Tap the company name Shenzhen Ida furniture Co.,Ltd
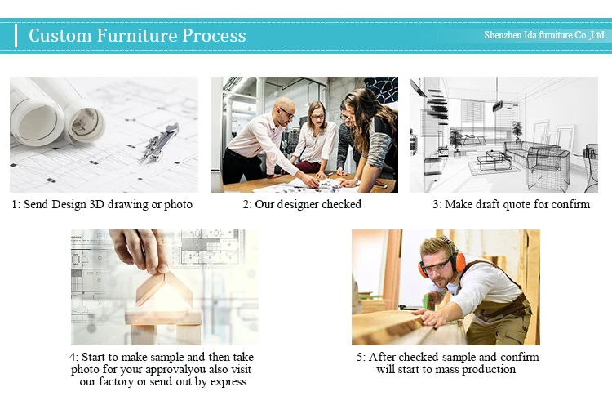(x=544, y=35)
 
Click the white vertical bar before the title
(x=16, y=36)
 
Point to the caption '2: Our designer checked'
(x=302, y=204)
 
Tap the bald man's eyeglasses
(x=287, y=113)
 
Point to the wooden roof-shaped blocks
(x=164, y=288)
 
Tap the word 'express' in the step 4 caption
(x=228, y=381)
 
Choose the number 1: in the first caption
(x=16, y=204)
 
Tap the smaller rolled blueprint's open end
(x=86, y=123)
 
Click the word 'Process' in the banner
(x=214, y=35)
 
